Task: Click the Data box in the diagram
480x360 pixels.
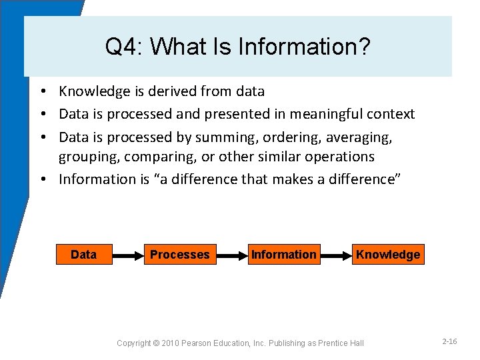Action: tap(83, 255)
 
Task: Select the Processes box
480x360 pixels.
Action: tap(180, 255)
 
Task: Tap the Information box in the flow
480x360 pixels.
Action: tap(284, 255)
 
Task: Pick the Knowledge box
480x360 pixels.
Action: tap(388, 255)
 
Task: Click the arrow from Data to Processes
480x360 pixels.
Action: tap(128, 255)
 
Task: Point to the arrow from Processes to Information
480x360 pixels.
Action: tap(232, 255)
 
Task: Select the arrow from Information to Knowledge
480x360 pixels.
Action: tap(336, 255)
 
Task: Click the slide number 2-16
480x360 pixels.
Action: tap(449, 341)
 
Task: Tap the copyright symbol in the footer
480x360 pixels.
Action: tap(156, 343)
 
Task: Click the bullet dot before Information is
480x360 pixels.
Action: tap(42, 179)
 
